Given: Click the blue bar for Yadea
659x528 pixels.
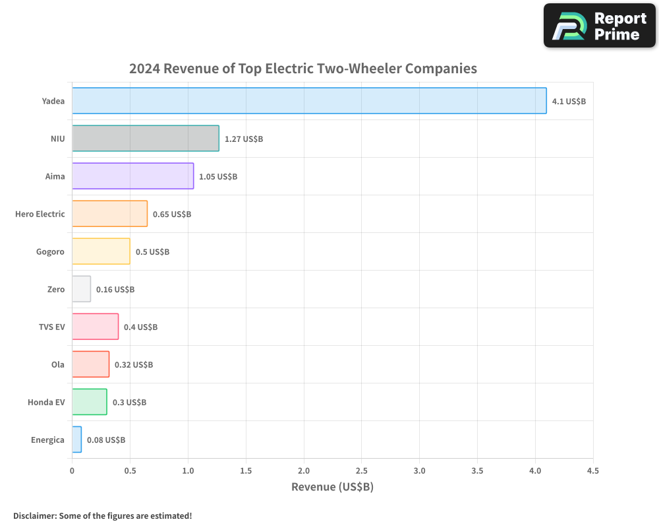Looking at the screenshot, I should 309,101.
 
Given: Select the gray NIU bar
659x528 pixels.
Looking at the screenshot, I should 145,139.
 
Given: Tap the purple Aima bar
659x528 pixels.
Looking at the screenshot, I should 132,176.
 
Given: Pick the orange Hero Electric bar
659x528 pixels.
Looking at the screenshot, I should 109,214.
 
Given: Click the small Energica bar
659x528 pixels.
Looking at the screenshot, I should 76,440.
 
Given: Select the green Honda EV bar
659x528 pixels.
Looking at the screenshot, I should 89,402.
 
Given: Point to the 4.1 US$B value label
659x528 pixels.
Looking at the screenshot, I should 569,102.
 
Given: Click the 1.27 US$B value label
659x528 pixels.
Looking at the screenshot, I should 244,139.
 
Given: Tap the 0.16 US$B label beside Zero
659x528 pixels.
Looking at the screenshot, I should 115,290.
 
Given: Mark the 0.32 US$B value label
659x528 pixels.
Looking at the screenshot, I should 134,365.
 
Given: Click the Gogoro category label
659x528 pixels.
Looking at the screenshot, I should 50,252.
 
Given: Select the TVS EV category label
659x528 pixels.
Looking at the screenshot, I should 51,327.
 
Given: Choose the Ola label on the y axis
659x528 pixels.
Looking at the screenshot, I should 58,365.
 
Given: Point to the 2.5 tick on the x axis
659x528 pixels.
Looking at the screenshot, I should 362,471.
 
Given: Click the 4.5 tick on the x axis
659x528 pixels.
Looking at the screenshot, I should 593,471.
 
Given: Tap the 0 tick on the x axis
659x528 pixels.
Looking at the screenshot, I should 72,471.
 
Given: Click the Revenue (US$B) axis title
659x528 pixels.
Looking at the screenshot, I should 332,487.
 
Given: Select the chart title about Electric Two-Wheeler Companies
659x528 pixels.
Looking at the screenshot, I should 303,69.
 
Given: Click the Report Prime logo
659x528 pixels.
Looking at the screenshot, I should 600,26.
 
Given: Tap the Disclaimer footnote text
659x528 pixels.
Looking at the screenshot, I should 102,515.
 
